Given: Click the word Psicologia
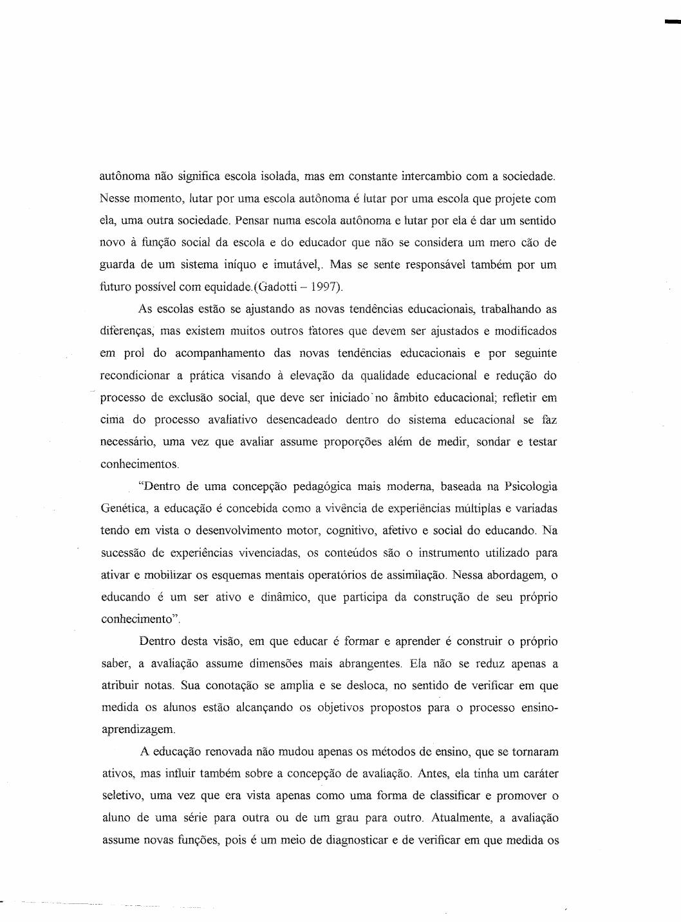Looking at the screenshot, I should [532, 486].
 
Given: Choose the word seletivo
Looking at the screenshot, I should [122, 796].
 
